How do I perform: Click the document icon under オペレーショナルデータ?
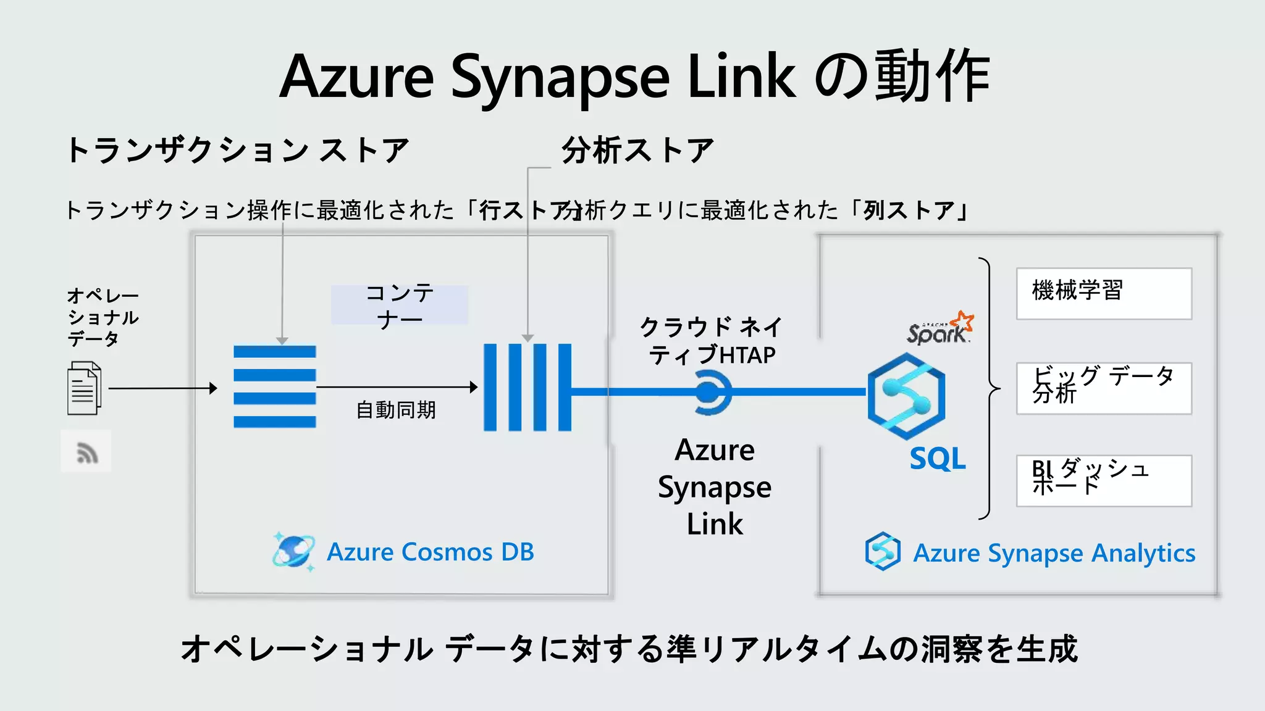[x=84, y=388]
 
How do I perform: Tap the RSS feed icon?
[x=86, y=452]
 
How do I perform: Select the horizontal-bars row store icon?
[x=275, y=387]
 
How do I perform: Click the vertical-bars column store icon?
[x=527, y=387]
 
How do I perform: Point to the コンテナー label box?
[x=400, y=306]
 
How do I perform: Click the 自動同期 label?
[x=396, y=410]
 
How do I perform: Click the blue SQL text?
[x=937, y=459]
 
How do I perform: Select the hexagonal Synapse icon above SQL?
[x=906, y=396]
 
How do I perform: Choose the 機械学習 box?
[x=1104, y=294]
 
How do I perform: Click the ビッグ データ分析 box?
[x=1104, y=388]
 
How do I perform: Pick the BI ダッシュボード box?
[x=1104, y=481]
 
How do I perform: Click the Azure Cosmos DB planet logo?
[x=293, y=551]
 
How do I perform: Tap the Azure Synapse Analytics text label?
[x=1054, y=553]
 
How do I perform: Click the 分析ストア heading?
[x=637, y=151]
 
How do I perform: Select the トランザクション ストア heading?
[x=237, y=151]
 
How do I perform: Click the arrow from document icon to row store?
[x=162, y=388]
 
